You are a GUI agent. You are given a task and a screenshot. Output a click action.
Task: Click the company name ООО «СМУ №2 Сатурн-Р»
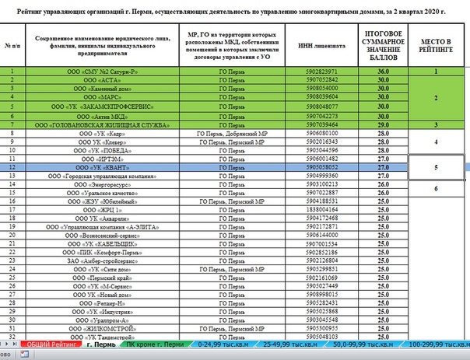[x=102, y=72]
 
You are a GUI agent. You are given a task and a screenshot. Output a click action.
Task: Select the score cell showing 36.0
[x=382, y=72]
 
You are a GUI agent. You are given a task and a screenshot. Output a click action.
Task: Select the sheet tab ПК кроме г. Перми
[x=154, y=344]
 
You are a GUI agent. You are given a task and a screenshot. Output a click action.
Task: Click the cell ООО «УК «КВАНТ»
[x=102, y=167]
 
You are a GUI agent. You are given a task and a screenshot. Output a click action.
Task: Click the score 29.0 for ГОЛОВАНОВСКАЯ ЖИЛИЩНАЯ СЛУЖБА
[x=382, y=124]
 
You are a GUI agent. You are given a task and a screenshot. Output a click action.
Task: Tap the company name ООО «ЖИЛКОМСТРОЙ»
[x=102, y=329]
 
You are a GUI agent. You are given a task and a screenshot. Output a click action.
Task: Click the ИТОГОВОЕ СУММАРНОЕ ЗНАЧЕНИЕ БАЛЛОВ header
[x=382, y=45]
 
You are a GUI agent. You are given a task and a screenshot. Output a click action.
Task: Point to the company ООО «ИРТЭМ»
[x=102, y=159]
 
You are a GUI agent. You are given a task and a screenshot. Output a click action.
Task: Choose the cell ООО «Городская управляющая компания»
[x=102, y=176]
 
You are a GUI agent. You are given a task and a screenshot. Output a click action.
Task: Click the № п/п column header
[x=12, y=45]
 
